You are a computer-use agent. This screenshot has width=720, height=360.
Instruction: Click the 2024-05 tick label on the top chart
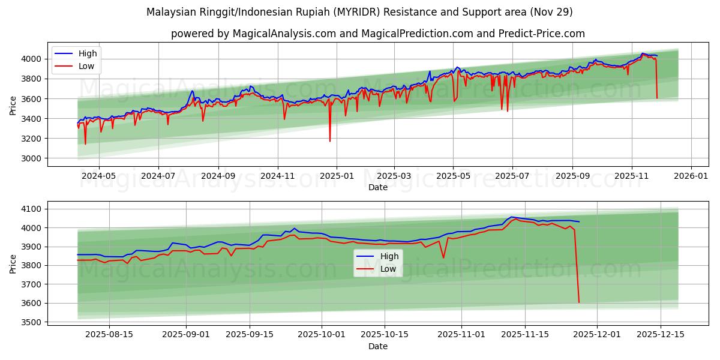pos(98,176)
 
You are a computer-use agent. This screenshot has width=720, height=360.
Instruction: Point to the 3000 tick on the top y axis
pos(32,158)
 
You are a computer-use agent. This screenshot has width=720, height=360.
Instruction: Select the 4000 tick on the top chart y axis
pos(32,59)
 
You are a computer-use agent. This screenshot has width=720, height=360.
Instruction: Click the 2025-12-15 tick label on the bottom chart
pos(660,334)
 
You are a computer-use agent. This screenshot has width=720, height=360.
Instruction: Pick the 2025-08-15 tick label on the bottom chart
pos(109,334)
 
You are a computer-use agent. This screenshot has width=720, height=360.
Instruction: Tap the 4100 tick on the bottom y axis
pos(32,209)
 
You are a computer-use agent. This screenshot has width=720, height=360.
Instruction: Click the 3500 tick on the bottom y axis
pos(32,322)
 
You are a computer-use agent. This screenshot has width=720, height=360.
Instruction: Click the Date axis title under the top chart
pos(378,187)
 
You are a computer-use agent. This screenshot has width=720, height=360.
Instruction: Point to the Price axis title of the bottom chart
pos(13,263)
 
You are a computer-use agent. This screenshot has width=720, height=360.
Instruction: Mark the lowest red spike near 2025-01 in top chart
pos(330,142)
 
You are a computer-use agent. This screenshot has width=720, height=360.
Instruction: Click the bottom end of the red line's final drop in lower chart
pos(579,302)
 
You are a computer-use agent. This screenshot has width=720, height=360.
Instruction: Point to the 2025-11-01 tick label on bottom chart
pos(461,334)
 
